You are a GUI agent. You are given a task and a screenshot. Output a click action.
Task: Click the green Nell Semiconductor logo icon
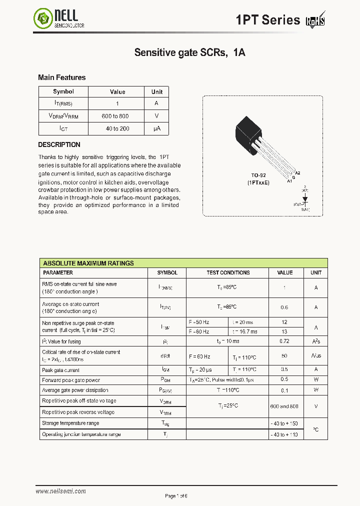(x=43, y=19)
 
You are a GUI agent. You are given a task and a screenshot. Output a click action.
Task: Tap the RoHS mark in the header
(x=315, y=20)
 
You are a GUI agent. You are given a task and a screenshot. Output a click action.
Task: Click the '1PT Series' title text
(x=268, y=20)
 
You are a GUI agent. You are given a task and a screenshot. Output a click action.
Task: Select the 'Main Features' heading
(x=61, y=77)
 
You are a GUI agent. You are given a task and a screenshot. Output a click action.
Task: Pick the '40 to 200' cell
(x=117, y=128)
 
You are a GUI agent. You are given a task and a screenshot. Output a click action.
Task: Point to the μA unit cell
(x=157, y=128)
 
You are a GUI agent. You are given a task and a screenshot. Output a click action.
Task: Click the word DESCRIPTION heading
(x=59, y=144)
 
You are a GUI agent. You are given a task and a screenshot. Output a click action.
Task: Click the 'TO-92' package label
(x=258, y=176)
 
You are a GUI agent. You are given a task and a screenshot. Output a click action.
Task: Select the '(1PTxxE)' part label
(x=258, y=183)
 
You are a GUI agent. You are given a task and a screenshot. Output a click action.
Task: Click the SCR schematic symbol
(x=305, y=199)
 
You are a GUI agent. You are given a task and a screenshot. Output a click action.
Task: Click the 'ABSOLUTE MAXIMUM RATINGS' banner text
(x=88, y=263)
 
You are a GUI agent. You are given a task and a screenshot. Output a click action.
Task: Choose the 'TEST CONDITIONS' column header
(x=228, y=273)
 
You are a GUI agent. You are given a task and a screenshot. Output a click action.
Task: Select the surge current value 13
(x=285, y=331)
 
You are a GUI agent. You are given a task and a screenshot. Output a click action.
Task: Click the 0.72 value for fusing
(x=285, y=341)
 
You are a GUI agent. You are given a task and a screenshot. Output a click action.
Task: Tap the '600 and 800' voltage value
(x=285, y=406)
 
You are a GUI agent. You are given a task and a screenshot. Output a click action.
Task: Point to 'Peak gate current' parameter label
(x=61, y=370)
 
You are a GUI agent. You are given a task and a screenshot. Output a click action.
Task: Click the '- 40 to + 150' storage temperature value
(x=285, y=423)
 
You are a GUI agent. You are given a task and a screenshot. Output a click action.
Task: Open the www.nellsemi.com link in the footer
(x=60, y=491)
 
